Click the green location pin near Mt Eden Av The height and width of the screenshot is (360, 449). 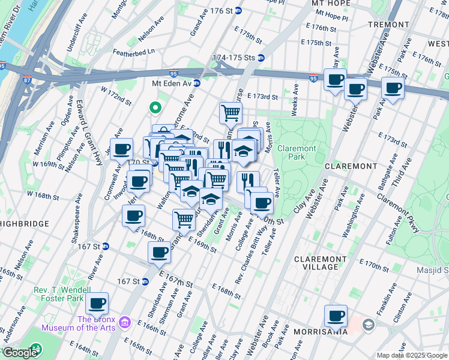(155, 108)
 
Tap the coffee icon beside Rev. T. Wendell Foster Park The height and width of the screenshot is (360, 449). (96, 303)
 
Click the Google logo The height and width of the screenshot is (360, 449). (20, 353)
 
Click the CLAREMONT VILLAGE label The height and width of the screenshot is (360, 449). (320, 263)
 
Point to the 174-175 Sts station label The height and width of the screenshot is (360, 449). (238, 58)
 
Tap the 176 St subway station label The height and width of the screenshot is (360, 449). (221, 11)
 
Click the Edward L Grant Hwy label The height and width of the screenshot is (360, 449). (79, 128)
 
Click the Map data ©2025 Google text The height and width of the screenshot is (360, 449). (412, 355)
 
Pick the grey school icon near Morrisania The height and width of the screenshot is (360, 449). (368, 325)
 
